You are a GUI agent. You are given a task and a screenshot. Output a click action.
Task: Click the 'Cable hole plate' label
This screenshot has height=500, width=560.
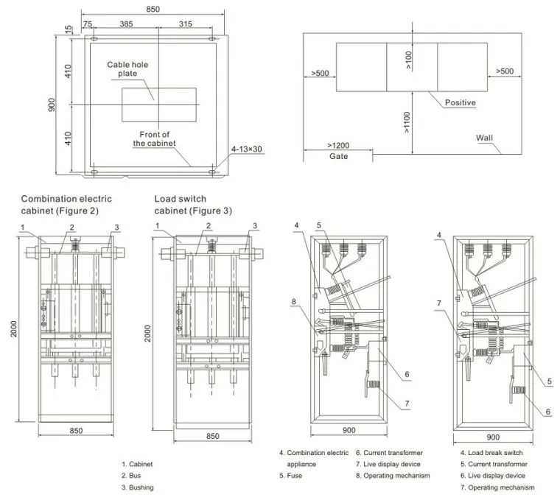(127, 70)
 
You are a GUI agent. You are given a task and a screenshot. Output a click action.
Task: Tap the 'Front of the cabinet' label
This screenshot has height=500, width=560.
(155, 139)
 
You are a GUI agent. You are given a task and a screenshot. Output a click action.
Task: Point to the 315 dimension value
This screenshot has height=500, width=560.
(185, 24)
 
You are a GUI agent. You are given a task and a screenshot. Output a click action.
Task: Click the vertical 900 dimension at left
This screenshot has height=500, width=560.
(52, 105)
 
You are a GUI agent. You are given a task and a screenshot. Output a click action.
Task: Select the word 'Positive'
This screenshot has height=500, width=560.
(460, 103)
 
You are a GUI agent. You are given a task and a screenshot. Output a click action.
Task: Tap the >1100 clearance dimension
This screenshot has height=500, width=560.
(407, 126)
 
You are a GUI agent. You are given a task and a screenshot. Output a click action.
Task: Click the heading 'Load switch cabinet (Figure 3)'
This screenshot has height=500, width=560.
(193, 205)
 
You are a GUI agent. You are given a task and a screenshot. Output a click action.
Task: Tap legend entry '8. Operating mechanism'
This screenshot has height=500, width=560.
(392, 476)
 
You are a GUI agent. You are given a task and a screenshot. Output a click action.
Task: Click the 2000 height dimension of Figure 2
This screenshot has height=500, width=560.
(13, 331)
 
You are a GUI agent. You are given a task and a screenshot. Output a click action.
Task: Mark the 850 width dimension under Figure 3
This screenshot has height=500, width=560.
(212, 436)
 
